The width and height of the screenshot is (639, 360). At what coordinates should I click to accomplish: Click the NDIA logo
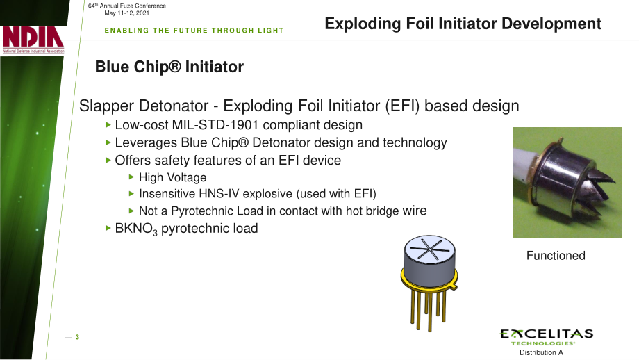coord(33,40)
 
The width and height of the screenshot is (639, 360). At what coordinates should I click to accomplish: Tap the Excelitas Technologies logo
coord(547,337)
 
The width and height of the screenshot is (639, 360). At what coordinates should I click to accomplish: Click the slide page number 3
coord(77,337)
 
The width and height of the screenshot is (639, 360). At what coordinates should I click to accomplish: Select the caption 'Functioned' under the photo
coord(556,256)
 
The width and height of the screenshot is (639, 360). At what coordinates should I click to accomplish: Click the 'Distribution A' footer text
coord(541,352)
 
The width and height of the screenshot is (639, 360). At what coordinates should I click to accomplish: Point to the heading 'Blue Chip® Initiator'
coord(169,67)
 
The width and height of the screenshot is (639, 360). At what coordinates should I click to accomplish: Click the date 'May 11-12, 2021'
coord(126,13)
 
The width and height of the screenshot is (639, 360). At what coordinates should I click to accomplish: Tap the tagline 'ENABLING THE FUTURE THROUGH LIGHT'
coord(194,31)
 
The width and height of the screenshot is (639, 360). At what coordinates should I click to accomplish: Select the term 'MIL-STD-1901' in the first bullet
coord(215,125)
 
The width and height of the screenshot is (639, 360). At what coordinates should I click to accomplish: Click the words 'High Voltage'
coord(173,178)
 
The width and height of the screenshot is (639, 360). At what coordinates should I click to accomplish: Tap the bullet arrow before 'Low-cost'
coord(108,125)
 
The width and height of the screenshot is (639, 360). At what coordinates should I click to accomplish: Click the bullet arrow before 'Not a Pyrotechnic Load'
coord(131,211)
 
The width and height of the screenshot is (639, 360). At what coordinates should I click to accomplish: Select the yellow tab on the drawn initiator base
coord(453,286)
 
